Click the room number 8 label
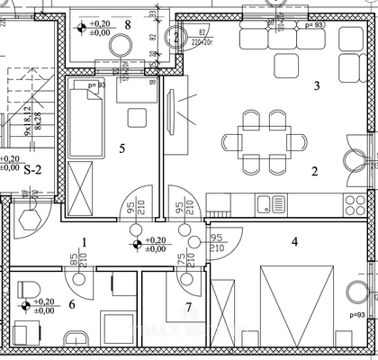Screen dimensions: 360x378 pos(128,24)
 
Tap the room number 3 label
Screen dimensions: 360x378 pos(315,87)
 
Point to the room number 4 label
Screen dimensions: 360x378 pos(293,240)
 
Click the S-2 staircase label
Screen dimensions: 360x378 pos(34,169)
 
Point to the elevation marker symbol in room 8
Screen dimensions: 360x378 pos(83,27)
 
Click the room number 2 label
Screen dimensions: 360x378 pos(315,171)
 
